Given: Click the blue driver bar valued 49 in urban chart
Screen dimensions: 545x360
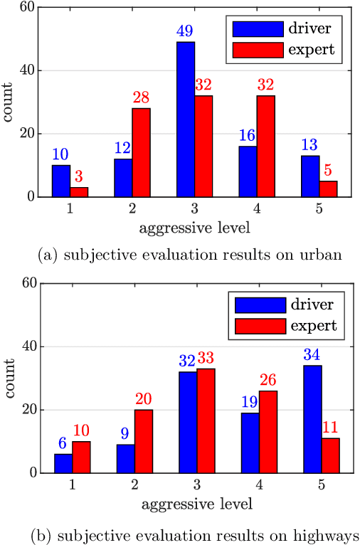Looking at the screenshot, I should (x=186, y=119).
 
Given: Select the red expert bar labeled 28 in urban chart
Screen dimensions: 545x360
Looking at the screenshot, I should (x=141, y=152).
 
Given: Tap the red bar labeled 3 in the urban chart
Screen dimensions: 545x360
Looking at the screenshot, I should (x=79, y=191).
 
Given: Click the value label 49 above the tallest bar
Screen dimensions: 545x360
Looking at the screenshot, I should (x=185, y=32).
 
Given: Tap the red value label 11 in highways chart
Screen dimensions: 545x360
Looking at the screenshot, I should (x=329, y=428).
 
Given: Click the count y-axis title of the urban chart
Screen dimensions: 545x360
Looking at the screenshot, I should (x=10, y=102).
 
